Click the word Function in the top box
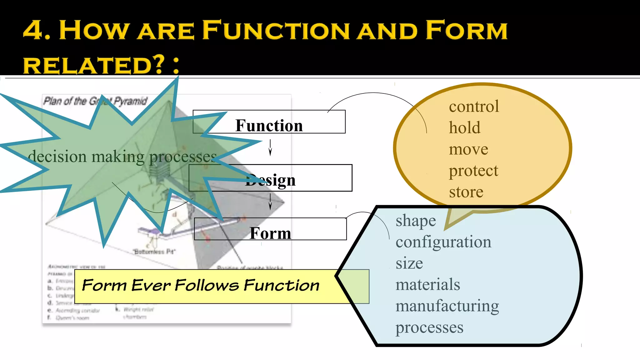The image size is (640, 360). point(269,126)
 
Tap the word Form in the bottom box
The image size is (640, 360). point(270,233)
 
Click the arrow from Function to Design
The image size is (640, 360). point(270,147)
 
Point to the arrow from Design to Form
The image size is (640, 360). point(270,202)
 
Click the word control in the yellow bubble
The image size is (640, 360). point(474,107)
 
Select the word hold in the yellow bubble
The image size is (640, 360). point(464,128)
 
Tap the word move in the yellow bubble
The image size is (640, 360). point(468,149)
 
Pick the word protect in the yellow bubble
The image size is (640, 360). point(473,171)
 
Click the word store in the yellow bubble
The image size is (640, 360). point(466,192)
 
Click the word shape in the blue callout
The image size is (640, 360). point(416,221)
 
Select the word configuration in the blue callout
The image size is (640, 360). point(443,242)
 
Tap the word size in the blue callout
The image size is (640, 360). point(409,263)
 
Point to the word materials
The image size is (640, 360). point(427,285)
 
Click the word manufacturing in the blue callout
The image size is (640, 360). point(447,306)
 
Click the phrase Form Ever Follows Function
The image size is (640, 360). point(201,285)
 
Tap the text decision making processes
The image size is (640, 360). point(122,157)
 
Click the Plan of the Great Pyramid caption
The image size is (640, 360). point(95,101)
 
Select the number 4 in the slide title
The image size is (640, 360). point(32,30)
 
